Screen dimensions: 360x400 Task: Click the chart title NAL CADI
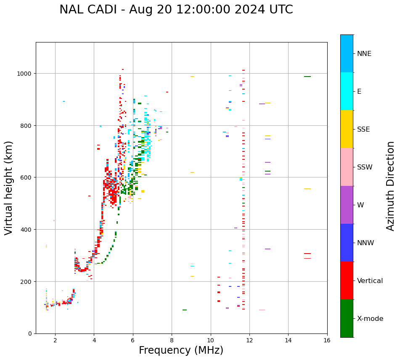[x=176, y=10]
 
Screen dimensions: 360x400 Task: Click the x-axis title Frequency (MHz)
[x=181, y=350]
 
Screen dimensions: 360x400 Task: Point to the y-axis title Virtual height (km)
[x=9, y=188]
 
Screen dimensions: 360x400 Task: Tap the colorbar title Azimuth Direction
[x=391, y=186]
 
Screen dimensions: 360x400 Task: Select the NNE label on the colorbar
[x=364, y=54]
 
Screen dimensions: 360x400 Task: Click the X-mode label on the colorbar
[x=370, y=319]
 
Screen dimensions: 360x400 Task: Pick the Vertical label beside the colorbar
[x=370, y=281]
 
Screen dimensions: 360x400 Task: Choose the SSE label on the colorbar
[x=363, y=130]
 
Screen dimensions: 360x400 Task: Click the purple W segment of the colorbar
[x=347, y=205]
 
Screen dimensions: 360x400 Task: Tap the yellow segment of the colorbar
[x=347, y=129]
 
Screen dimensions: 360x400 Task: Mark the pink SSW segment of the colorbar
[x=347, y=167]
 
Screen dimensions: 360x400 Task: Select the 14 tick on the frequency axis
[x=288, y=341]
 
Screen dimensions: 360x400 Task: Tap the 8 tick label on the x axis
[x=172, y=341]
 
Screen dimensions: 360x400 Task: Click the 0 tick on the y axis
[x=30, y=334]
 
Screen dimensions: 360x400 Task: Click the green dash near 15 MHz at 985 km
[x=307, y=77]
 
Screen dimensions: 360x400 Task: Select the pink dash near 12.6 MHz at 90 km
[x=262, y=310]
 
